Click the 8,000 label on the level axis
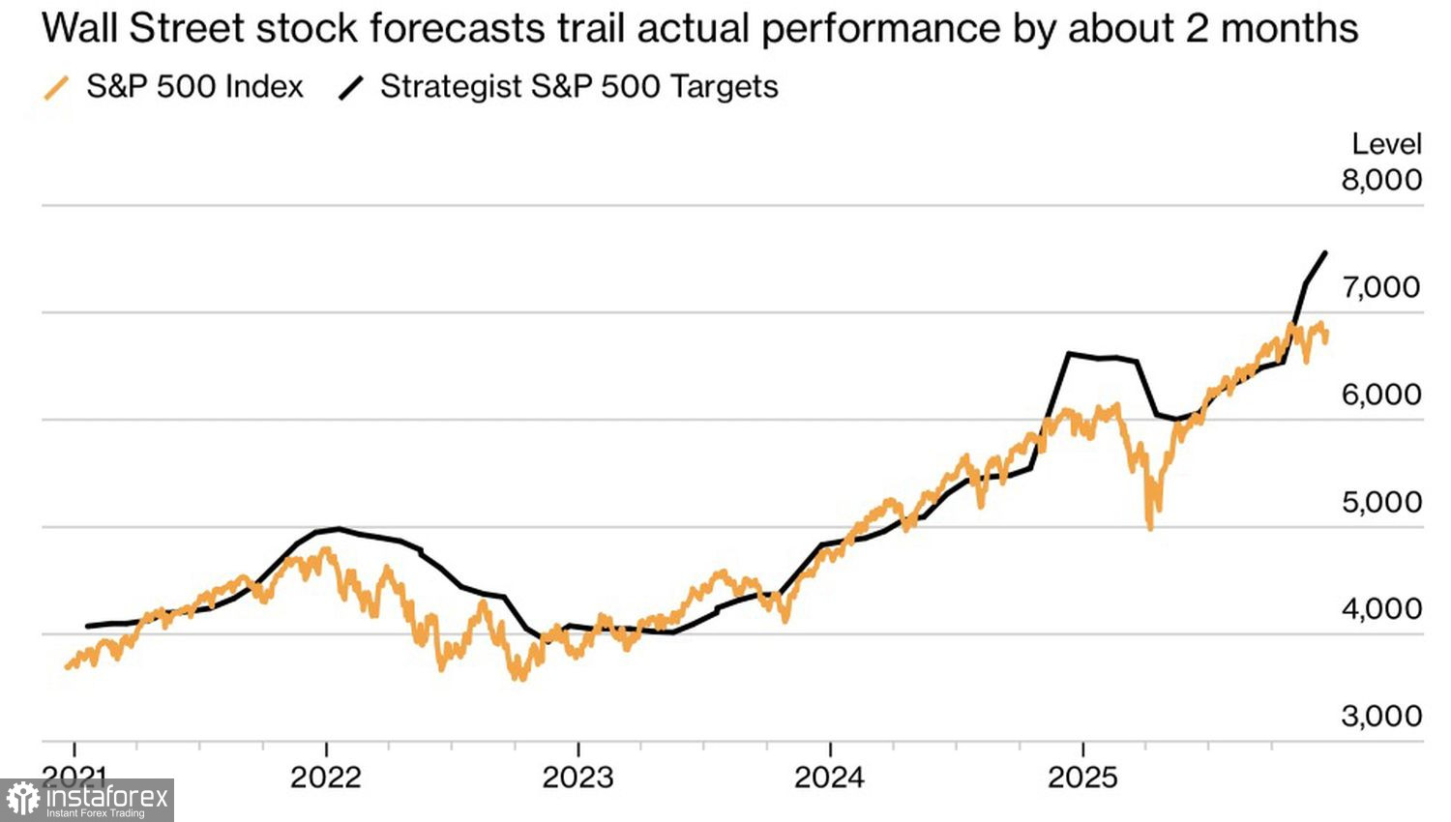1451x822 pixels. coord(1380,180)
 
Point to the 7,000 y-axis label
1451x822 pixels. coord(1380,287)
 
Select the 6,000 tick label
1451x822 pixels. coord(1380,395)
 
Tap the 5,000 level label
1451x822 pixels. coord(1380,502)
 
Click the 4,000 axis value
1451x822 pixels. coord(1380,609)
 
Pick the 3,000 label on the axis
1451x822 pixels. coord(1380,717)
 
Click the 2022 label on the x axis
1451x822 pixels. coord(326,777)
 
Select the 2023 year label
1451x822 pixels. coord(577,777)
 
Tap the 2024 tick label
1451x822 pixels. coord(830,777)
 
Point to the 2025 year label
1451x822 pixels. coord(1082,777)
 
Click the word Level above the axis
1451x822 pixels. coord(1386,144)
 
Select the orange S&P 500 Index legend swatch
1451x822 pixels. coord(57,88)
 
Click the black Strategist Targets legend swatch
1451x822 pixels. coord(350,88)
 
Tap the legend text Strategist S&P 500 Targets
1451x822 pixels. coord(578,87)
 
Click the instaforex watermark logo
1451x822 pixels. coord(87,800)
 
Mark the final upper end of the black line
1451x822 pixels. coord(1325,252)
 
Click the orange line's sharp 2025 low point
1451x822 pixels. coord(1150,528)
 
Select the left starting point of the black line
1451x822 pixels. coord(87,626)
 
